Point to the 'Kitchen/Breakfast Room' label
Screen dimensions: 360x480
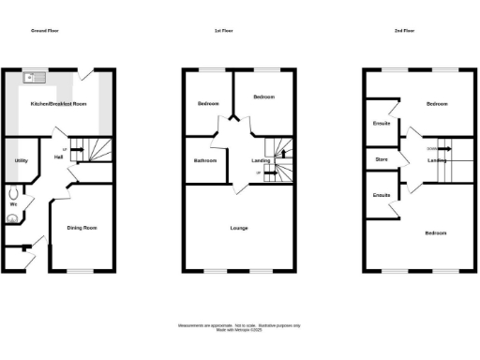point(58,104)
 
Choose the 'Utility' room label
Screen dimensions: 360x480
point(20,161)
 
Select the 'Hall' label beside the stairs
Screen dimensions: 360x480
point(58,157)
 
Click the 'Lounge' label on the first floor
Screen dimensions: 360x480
point(239,227)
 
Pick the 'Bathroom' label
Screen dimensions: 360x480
point(204,161)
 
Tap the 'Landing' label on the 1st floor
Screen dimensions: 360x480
point(262,160)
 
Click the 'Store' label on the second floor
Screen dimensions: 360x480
point(382,159)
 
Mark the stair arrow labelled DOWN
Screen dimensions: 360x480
point(433,148)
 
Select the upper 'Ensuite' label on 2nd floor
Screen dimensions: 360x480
point(381,124)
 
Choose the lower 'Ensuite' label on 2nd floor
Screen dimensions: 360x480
point(381,195)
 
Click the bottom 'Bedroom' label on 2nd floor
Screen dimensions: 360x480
point(435,232)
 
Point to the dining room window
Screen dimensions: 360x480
point(81,271)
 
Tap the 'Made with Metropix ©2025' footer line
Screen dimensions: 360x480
point(239,328)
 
